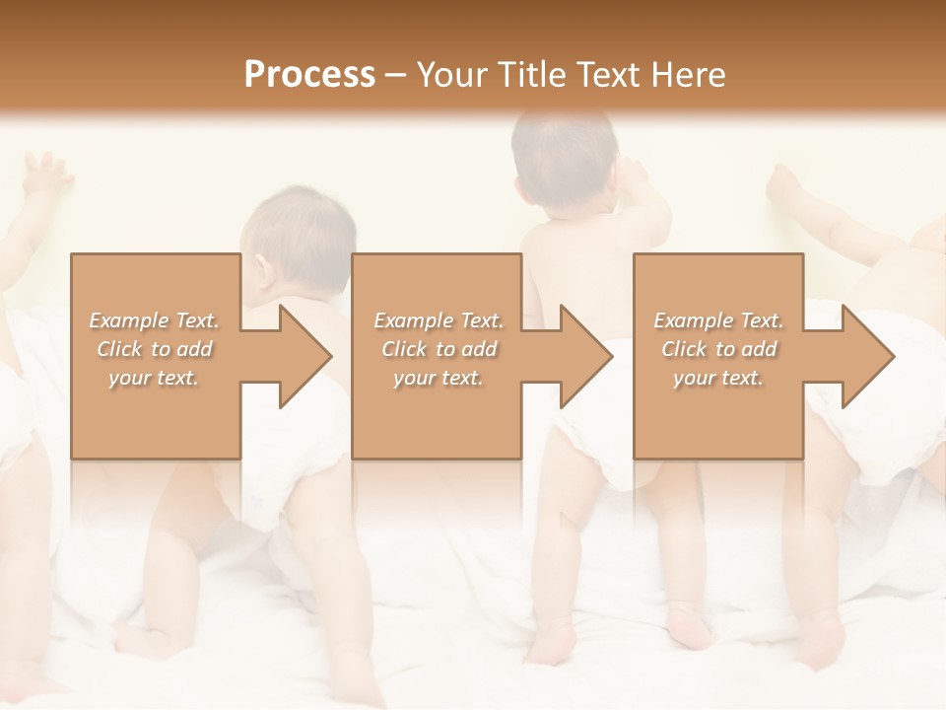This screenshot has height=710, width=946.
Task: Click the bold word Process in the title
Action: click(309, 75)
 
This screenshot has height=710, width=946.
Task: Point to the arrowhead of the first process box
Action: click(305, 356)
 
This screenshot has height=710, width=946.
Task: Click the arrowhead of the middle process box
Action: click(587, 356)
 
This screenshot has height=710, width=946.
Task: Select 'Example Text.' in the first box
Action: click(155, 320)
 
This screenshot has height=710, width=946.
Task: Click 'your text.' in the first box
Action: click(155, 378)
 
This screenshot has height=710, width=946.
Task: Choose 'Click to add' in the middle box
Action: click(439, 349)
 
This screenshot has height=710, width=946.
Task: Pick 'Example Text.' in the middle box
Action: click(439, 320)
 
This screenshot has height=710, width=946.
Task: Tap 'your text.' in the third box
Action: click(718, 378)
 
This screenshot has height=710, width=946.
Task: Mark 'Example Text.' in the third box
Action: click(718, 320)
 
